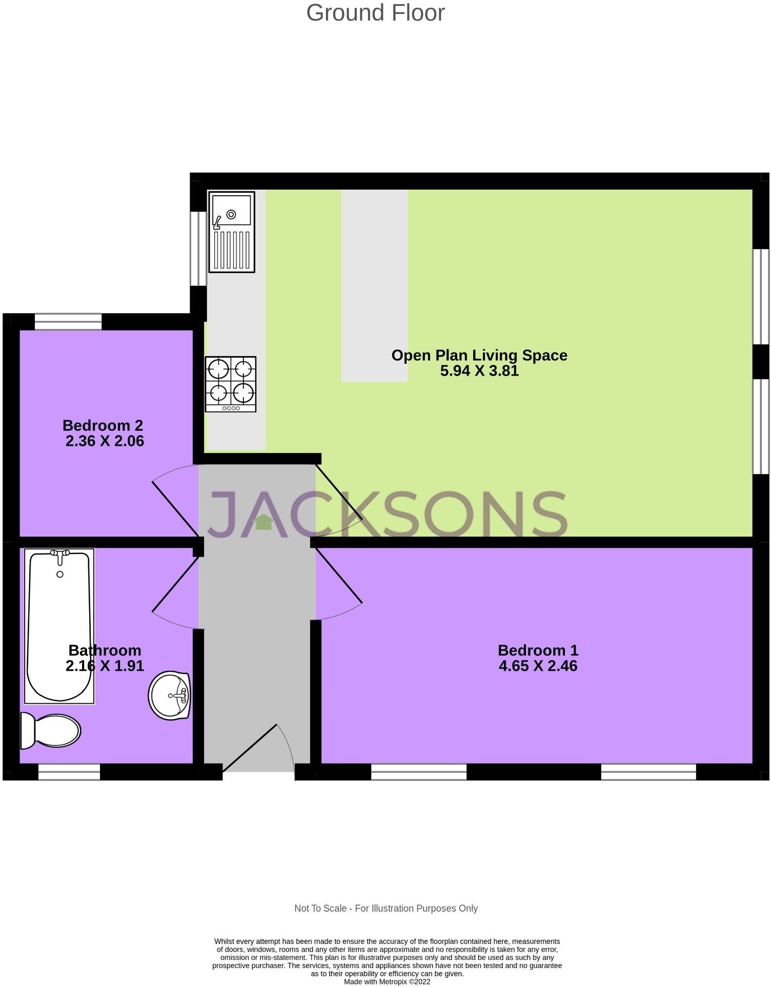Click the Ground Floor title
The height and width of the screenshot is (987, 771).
click(x=375, y=13)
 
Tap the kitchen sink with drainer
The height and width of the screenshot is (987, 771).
click(x=231, y=232)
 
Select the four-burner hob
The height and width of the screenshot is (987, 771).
click(x=230, y=384)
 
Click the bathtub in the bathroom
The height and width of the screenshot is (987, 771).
click(x=59, y=626)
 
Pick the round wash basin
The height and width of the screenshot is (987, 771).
click(x=170, y=695)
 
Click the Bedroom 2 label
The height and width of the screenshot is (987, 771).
click(x=103, y=425)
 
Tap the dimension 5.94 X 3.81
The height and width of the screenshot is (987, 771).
click(x=479, y=371)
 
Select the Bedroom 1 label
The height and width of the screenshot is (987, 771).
click(x=538, y=650)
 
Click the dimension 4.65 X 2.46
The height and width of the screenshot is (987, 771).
click(x=538, y=666)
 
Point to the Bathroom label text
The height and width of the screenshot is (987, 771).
click(x=105, y=650)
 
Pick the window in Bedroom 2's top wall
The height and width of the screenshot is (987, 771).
click(x=68, y=322)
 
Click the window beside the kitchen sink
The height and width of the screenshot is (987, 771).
click(x=197, y=248)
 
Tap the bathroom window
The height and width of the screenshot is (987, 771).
click(x=69, y=772)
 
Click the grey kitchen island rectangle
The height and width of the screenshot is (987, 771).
click(x=374, y=285)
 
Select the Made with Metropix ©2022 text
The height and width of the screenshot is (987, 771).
click(x=387, y=982)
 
